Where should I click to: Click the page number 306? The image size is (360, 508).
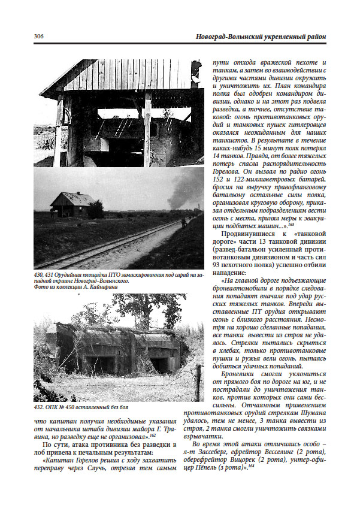coord(39,37)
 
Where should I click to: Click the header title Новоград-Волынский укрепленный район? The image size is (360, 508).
coord(261,37)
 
